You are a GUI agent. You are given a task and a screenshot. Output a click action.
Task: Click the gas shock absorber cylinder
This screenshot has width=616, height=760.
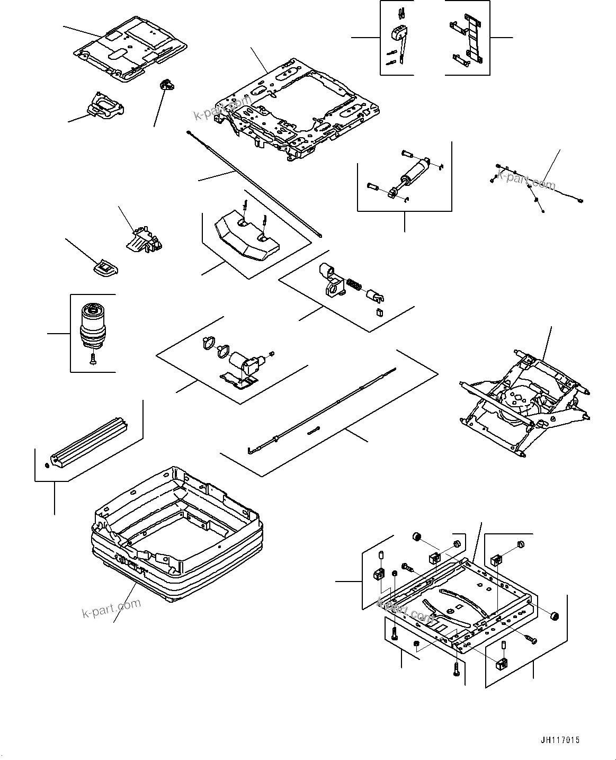pos(415,171)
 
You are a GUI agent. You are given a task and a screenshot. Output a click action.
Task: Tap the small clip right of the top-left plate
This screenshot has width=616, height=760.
pos(166,84)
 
